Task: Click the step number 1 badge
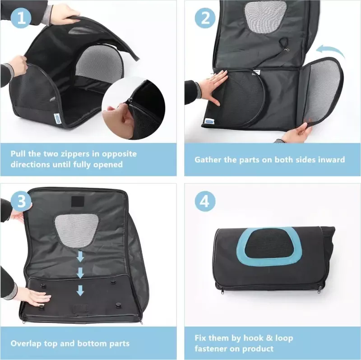21,18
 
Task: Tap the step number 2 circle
205,18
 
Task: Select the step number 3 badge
21,201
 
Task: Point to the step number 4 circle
205,201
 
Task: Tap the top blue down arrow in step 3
80,256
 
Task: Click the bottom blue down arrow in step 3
80,290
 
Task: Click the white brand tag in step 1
56,118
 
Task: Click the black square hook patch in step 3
79,202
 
